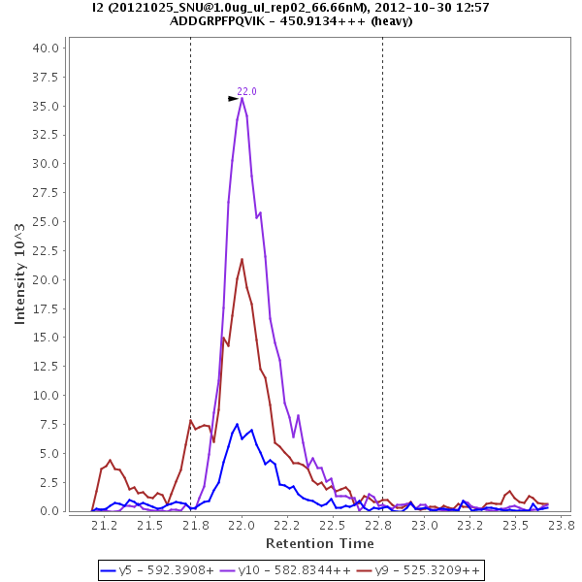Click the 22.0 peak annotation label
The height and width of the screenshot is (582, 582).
pyautogui.click(x=247, y=91)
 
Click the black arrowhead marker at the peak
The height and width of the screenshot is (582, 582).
pyautogui.click(x=233, y=99)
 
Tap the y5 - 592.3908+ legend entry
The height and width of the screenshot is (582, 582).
pyautogui.click(x=159, y=570)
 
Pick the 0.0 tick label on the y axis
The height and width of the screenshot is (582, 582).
pyautogui.click(x=51, y=511)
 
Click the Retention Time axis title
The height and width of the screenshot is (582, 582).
pyautogui.click(x=320, y=542)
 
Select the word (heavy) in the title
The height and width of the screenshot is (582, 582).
pyautogui.click(x=391, y=21)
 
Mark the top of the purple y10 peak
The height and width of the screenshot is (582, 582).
pyautogui.click(x=242, y=97)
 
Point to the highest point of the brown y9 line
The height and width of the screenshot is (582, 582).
pyautogui.click(x=242, y=259)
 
